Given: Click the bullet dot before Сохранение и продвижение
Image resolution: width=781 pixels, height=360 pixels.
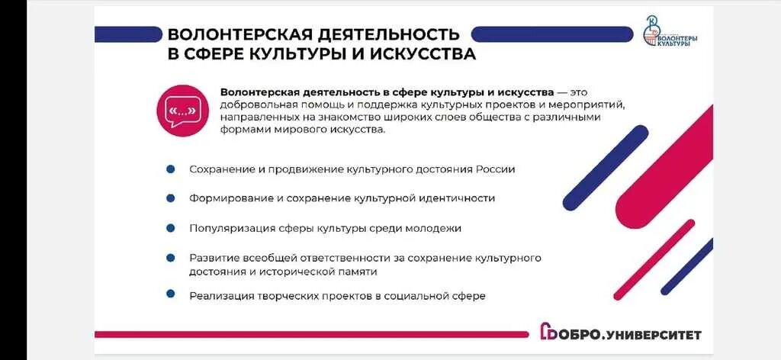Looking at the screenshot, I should [x=171, y=169].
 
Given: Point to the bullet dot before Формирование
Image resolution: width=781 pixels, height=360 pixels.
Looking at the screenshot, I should [x=171, y=198].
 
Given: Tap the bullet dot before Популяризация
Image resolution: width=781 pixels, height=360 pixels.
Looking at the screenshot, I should [x=171, y=227].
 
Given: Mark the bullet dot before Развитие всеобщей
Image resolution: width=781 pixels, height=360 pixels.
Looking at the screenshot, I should [x=171, y=259].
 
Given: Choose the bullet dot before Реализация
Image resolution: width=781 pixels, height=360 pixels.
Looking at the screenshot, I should [x=171, y=294].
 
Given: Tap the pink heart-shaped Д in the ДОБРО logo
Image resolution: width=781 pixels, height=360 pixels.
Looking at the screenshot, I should [x=547, y=333].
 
